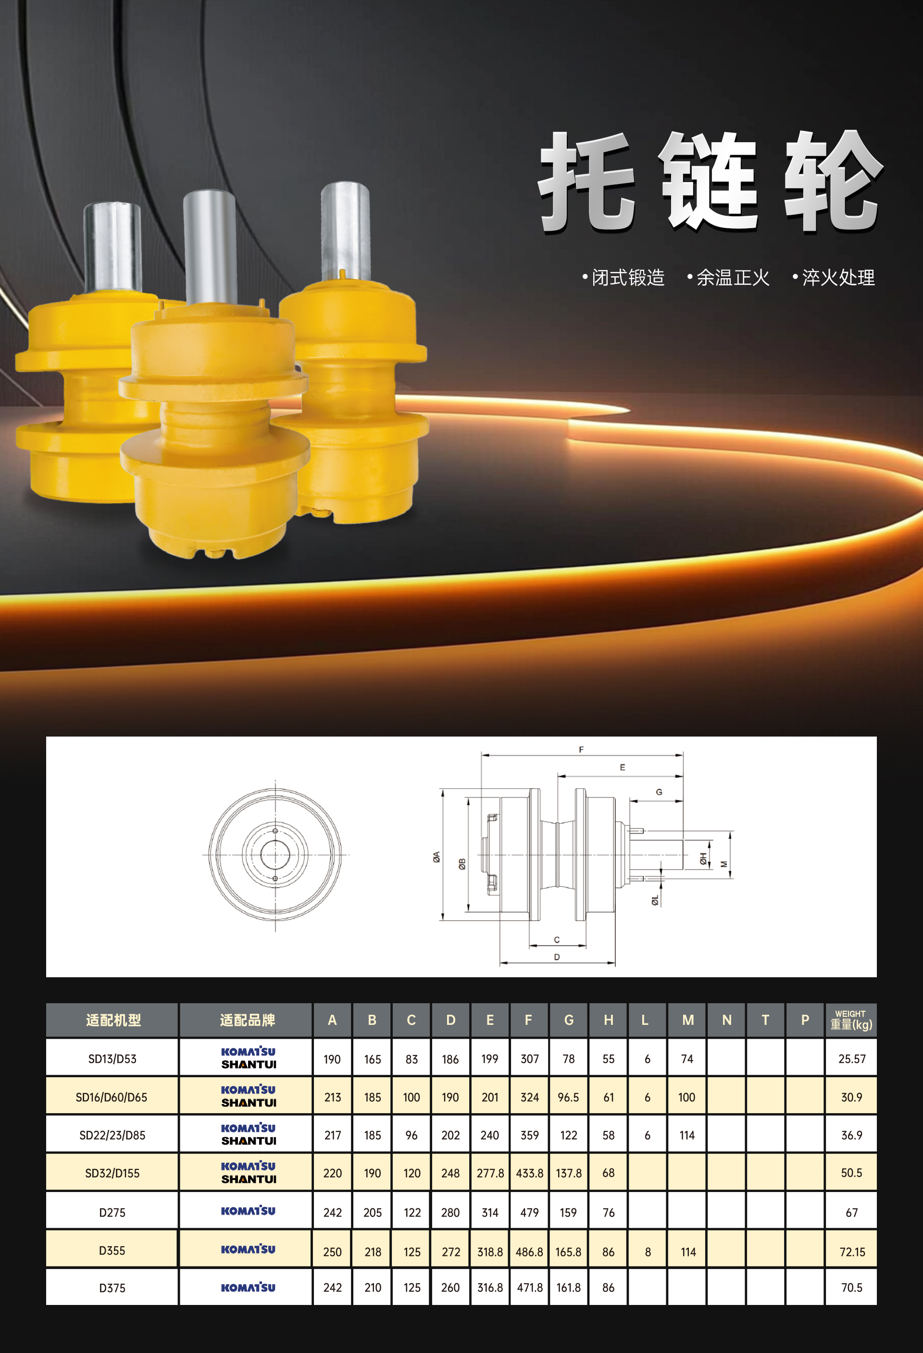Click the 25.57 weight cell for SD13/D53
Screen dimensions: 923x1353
tap(851, 1059)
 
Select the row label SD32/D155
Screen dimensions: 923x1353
tap(112, 1173)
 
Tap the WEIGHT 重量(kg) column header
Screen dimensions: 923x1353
tap(851, 1020)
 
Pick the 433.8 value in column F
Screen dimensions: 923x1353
tap(529, 1173)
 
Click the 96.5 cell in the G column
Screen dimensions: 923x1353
tap(568, 1097)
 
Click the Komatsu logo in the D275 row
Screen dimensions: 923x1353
tap(248, 1211)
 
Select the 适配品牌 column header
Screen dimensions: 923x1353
tap(248, 1020)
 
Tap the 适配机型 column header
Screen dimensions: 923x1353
tap(113, 1020)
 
